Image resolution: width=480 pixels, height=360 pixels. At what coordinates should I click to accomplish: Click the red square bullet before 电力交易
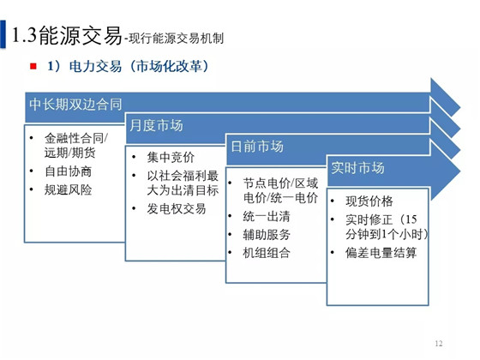[33, 66]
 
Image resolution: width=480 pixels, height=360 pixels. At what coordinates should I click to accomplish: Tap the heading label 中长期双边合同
[75, 105]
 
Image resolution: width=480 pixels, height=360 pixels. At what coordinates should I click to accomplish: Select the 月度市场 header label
[156, 125]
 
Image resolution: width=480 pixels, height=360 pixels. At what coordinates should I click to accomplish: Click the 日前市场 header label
[257, 147]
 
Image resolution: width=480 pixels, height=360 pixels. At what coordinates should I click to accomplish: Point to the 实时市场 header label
[357, 168]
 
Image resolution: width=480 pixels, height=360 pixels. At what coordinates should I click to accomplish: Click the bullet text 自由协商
[69, 171]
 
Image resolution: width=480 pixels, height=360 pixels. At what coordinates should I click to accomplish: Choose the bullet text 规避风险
[69, 189]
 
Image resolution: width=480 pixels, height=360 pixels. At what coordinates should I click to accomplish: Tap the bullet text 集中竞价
[171, 158]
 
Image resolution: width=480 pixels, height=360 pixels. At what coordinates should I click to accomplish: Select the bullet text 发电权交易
[177, 209]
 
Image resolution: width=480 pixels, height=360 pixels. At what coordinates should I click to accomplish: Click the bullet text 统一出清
[267, 216]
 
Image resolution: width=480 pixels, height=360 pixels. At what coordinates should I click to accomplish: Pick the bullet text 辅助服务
[267, 235]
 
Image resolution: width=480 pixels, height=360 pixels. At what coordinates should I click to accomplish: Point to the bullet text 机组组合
[267, 253]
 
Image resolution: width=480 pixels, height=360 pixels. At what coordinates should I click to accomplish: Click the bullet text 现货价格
[369, 201]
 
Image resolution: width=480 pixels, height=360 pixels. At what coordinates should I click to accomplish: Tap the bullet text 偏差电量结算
[381, 253]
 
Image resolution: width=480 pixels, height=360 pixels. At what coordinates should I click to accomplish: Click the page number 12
[438, 344]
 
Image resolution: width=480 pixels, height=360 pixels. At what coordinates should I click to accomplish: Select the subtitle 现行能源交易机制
[176, 39]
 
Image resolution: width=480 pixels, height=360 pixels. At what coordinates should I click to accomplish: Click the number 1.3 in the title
[24, 34]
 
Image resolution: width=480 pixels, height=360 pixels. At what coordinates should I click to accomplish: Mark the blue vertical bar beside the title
[3, 34]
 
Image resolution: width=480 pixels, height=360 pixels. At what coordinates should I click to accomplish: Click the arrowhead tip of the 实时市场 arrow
[460, 171]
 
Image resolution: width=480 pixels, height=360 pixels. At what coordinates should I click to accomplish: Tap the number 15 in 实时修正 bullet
[411, 219]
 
